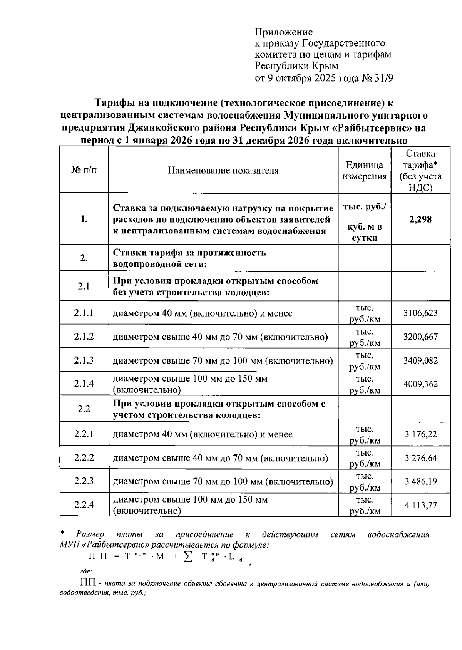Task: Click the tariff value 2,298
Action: (x=420, y=219)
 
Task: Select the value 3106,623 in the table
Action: (x=420, y=313)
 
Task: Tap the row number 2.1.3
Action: (x=84, y=360)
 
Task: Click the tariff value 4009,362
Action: (x=420, y=384)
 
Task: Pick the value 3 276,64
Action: (x=421, y=458)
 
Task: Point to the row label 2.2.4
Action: (x=84, y=505)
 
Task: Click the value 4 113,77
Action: (x=421, y=505)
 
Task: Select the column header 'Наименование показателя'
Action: (x=223, y=171)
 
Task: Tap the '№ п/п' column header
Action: (x=84, y=171)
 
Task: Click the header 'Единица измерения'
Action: (x=365, y=171)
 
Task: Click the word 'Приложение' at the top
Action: (x=284, y=32)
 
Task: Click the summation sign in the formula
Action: (x=188, y=557)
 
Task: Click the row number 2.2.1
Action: (x=84, y=434)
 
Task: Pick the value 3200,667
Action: (x=420, y=337)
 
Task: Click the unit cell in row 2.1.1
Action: (x=365, y=313)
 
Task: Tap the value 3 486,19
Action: (x=421, y=481)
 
